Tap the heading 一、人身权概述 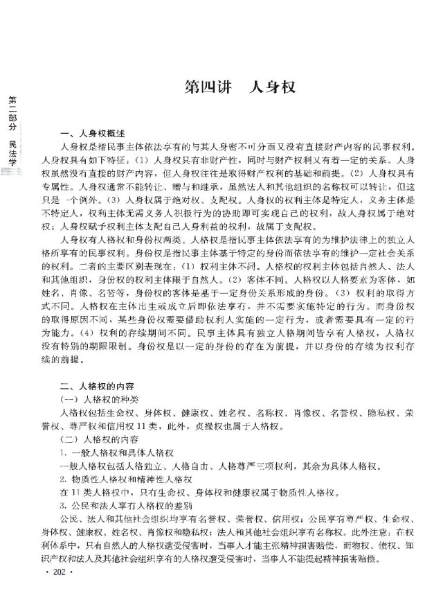(x=92, y=134)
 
